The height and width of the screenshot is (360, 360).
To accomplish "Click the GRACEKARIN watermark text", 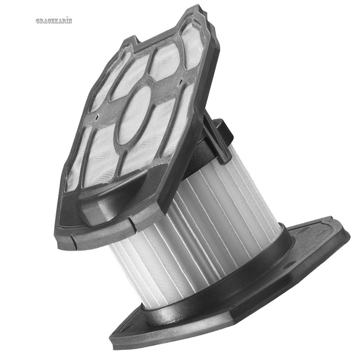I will pos(54,20).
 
